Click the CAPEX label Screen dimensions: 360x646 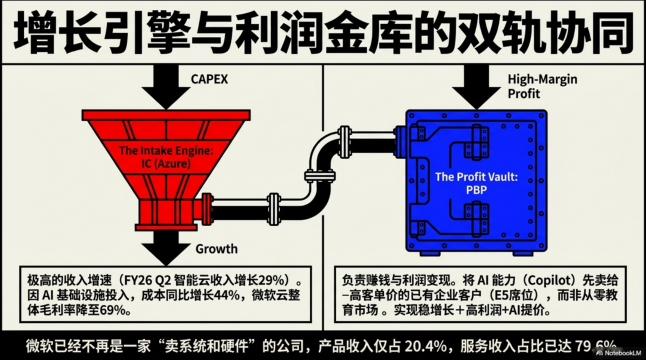(x=209, y=79)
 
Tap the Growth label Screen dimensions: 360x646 (x=216, y=248)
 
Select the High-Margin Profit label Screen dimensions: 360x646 (x=542, y=86)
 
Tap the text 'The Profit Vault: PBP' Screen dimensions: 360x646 (x=476, y=183)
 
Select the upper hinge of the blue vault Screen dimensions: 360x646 (x=476, y=140)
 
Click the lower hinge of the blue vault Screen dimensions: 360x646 (x=476, y=217)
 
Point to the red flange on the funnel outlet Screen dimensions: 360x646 (x=206, y=209)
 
